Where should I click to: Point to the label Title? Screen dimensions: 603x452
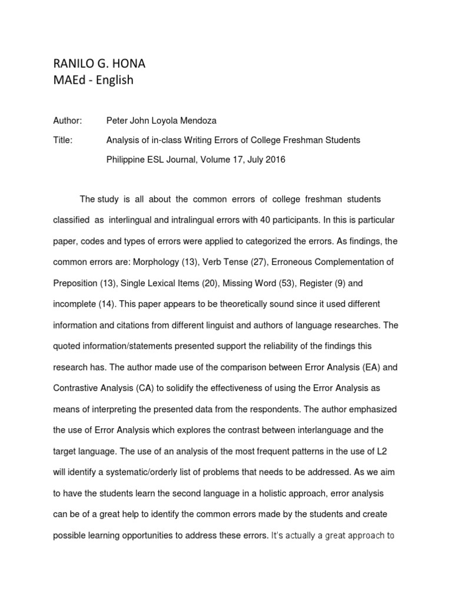pos(62,140)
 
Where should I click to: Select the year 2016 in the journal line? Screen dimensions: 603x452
pos(274,160)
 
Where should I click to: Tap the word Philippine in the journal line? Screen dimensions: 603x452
pos(127,160)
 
